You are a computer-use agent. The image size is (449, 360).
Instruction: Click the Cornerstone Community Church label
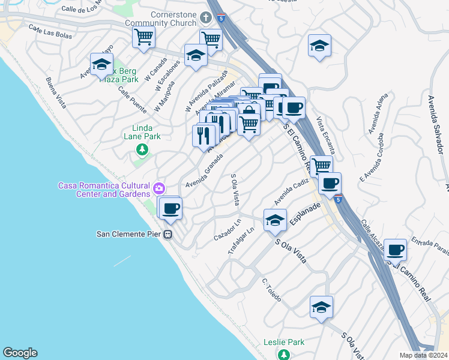click(x=164, y=19)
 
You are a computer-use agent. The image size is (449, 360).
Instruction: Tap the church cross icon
click(x=206, y=19)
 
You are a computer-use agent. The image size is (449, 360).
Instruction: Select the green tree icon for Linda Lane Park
click(x=142, y=149)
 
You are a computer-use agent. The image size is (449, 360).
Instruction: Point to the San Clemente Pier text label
click(x=130, y=234)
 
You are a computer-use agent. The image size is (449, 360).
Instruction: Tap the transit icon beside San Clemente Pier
click(x=169, y=234)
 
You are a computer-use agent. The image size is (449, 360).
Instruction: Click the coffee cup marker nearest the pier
click(x=170, y=208)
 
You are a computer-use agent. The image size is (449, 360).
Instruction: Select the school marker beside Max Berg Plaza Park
click(x=102, y=64)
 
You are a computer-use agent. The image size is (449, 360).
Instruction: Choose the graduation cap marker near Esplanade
click(x=275, y=220)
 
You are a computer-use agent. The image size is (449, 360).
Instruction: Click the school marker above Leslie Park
click(x=321, y=307)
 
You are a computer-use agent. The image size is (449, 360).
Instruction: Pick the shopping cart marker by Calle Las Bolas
click(x=144, y=37)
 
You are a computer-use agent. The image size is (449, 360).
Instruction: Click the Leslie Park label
click(x=284, y=343)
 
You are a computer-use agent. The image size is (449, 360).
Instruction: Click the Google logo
click(x=20, y=353)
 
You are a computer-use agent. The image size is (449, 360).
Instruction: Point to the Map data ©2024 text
click(x=423, y=355)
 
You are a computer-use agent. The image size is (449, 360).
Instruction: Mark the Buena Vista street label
click(x=56, y=91)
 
